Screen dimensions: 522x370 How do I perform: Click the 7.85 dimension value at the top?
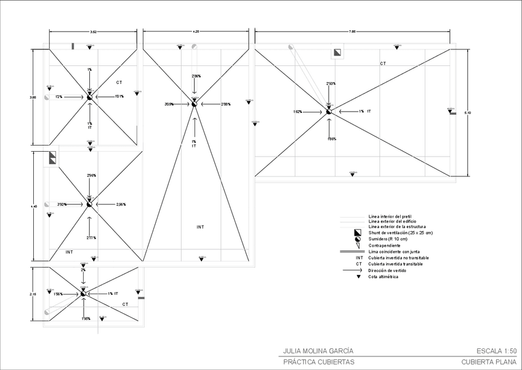coord(351,31)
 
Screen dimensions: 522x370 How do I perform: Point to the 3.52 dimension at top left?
coord(93,31)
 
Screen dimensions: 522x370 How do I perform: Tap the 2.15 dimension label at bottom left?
coord(33,295)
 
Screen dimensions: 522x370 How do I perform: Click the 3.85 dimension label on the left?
coord(33,97)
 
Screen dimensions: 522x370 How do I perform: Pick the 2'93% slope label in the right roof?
coord(331,83)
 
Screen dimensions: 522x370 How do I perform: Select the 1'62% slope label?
coord(297,112)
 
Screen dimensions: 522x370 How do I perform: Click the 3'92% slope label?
coord(62,204)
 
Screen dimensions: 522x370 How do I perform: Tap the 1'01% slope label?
coord(119,96)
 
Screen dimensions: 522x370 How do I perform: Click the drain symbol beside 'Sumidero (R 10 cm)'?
coord(357,238)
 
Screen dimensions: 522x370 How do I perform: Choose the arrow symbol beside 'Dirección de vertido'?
coord(357,270)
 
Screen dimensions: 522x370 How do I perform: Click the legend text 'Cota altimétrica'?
coord(383,277)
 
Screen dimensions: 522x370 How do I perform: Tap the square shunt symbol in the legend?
coord(357,232)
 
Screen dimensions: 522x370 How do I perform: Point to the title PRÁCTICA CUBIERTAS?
coord(318,362)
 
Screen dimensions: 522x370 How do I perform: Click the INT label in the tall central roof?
coord(201,227)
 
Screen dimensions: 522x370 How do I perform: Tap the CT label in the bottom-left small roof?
coord(125,304)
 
